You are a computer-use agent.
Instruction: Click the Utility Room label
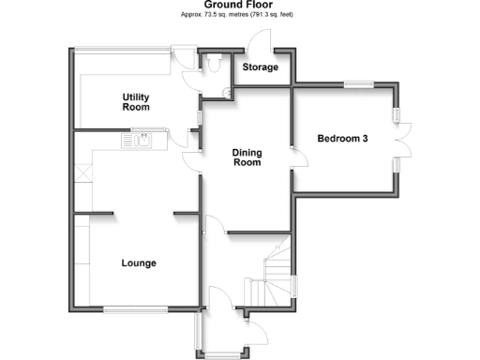click(137, 102)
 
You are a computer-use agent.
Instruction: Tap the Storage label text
click(260, 67)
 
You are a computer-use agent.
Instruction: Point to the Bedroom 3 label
click(342, 139)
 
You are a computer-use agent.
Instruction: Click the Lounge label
click(139, 262)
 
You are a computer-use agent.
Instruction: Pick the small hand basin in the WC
click(227, 91)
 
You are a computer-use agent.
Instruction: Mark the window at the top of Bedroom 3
click(356, 85)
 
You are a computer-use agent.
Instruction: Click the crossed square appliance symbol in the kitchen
click(82, 172)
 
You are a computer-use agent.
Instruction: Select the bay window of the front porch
click(222, 352)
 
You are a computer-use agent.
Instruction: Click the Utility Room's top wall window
click(122, 49)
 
